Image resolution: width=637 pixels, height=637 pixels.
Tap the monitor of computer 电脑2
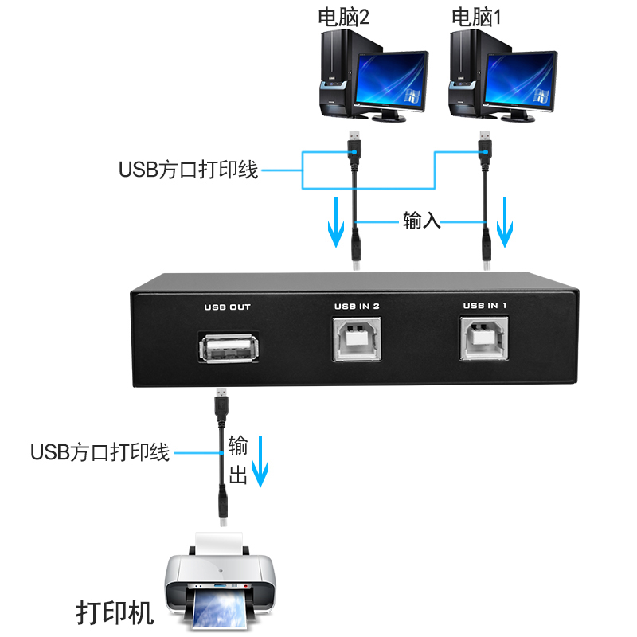point(390,82)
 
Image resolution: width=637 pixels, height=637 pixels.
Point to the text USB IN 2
point(356,304)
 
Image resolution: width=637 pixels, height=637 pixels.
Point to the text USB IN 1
point(485,304)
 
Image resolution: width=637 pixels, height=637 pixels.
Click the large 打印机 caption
point(115,613)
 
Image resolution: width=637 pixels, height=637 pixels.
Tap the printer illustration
point(220,585)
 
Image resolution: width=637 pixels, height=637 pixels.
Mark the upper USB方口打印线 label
point(189,169)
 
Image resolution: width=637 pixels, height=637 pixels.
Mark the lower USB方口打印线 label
point(100,452)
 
